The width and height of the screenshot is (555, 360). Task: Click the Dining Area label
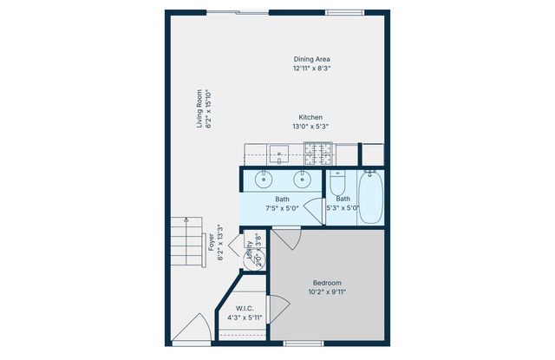(x=311, y=59)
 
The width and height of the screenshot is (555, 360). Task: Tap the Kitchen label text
(x=311, y=117)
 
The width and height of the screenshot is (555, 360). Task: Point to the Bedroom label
(x=326, y=283)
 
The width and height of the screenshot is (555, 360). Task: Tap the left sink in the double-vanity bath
(x=264, y=180)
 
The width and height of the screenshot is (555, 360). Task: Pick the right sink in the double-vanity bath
(x=302, y=180)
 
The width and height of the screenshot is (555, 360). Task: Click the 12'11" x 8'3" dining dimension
(x=311, y=68)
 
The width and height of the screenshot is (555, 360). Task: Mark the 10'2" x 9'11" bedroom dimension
(x=326, y=292)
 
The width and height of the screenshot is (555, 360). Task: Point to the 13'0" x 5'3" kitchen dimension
(x=311, y=127)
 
